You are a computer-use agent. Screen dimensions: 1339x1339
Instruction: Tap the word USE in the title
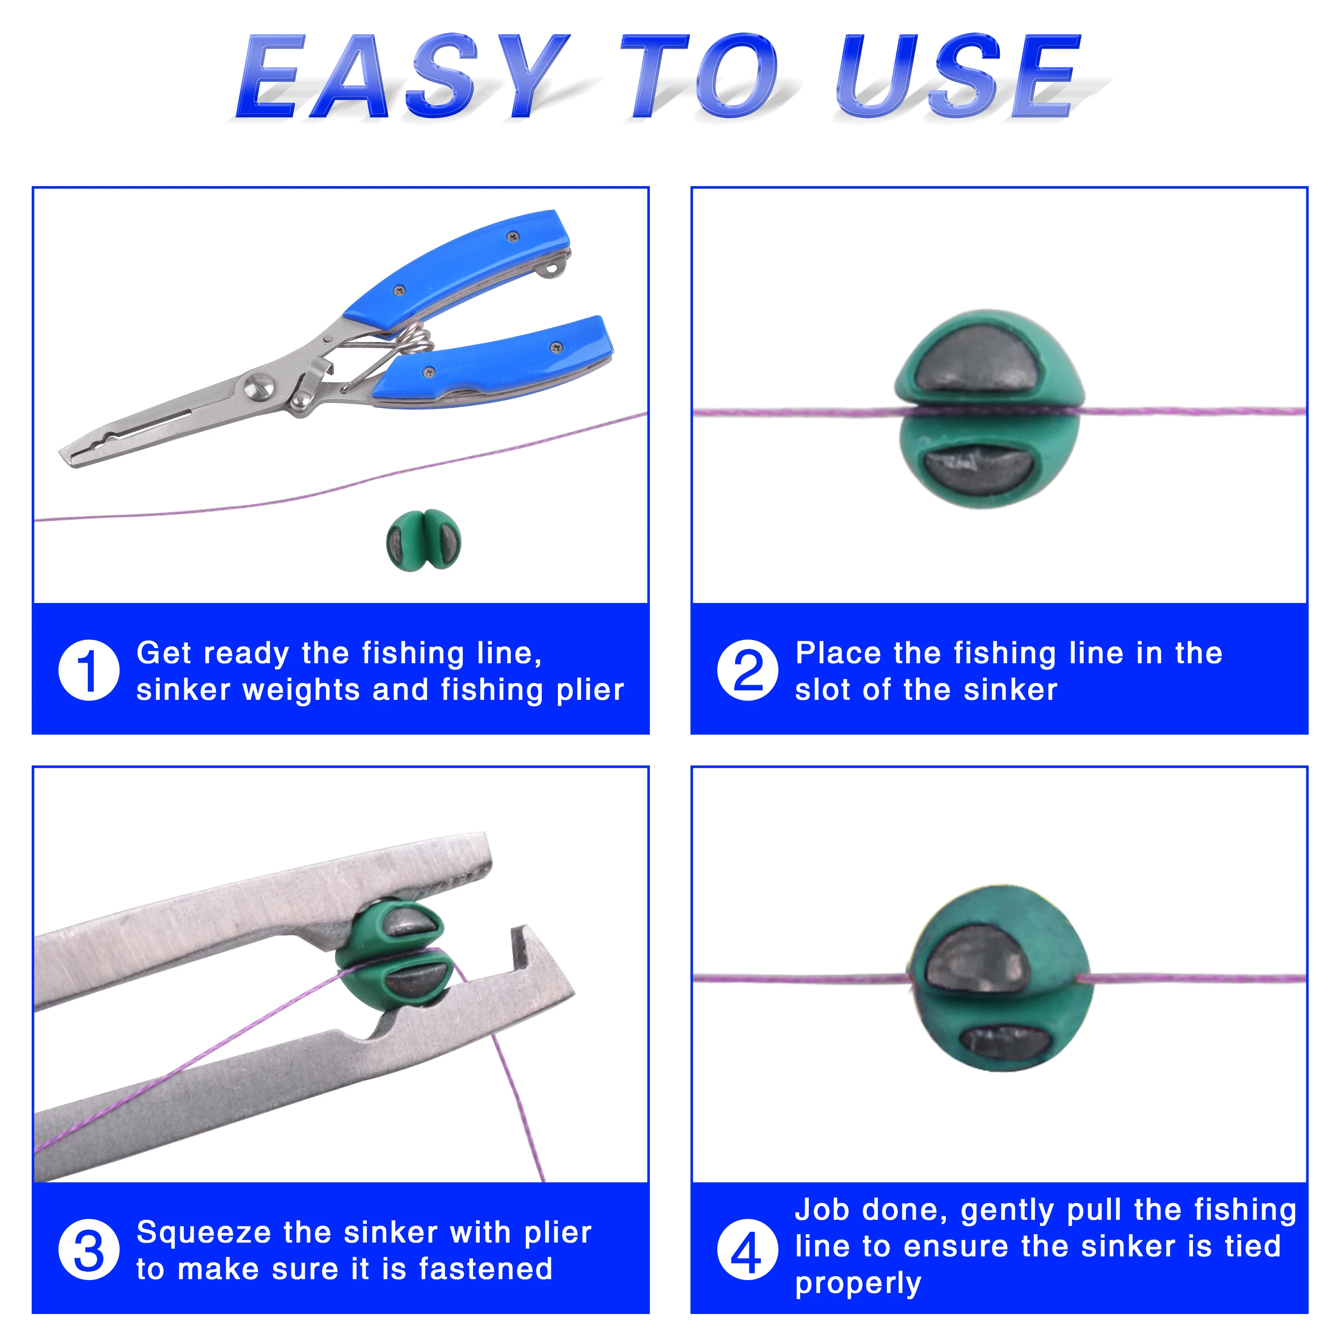click(x=957, y=76)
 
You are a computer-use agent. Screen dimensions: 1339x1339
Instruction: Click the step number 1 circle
click(x=89, y=670)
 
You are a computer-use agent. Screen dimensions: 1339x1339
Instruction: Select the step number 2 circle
click(x=748, y=670)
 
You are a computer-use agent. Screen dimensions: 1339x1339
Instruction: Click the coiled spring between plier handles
click(x=416, y=340)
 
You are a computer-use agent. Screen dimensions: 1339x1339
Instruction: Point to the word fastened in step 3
click(x=486, y=1269)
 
